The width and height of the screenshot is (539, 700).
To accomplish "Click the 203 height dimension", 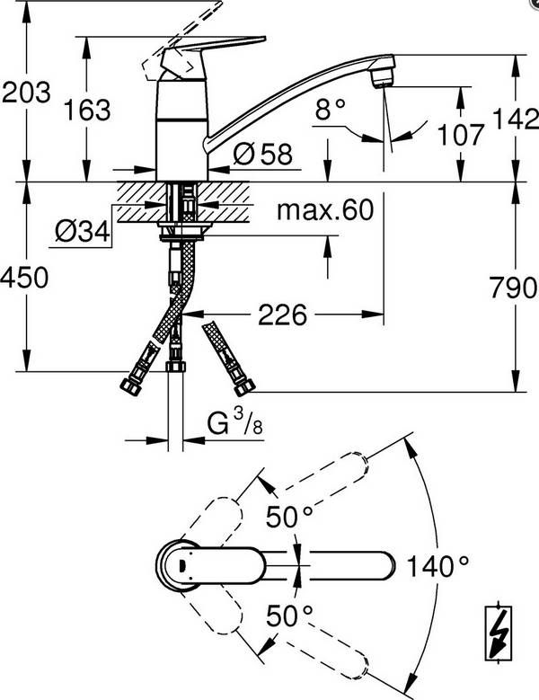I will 25,93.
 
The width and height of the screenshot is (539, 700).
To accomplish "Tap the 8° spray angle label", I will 331,111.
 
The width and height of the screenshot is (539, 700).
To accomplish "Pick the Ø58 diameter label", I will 262,155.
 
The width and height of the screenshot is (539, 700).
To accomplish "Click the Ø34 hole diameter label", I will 82,232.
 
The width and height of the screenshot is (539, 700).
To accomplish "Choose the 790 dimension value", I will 515,288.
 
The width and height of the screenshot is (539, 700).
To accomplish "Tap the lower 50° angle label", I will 290,616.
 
